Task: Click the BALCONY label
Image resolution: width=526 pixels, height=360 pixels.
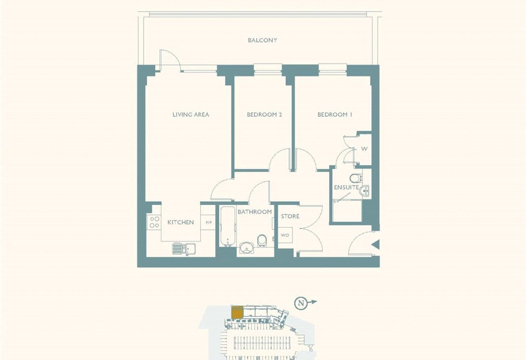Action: pyautogui.click(x=262, y=40)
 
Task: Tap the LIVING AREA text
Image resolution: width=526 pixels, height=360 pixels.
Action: pyautogui.click(x=191, y=114)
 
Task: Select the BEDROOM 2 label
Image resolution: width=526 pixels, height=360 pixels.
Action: pyautogui.click(x=264, y=114)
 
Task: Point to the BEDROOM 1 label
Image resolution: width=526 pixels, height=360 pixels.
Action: pyautogui.click(x=335, y=114)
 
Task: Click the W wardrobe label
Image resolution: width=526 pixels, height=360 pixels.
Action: pyautogui.click(x=364, y=149)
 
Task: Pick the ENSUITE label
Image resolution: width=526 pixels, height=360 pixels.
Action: pyautogui.click(x=346, y=187)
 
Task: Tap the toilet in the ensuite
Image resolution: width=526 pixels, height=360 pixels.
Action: pyautogui.click(x=356, y=178)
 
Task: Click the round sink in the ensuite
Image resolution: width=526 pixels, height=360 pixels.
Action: pyautogui.click(x=365, y=190)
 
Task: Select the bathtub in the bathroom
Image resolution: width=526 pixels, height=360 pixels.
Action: pyautogui.click(x=228, y=226)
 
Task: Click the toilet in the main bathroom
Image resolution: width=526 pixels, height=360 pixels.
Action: pyautogui.click(x=262, y=241)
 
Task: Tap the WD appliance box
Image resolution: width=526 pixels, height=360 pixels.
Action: pyautogui.click(x=285, y=235)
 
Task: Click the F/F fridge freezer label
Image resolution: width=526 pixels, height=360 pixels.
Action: pyautogui.click(x=209, y=222)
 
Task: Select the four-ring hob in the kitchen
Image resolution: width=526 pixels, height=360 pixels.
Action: pyautogui.click(x=154, y=222)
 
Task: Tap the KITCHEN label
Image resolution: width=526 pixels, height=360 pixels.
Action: pyautogui.click(x=180, y=222)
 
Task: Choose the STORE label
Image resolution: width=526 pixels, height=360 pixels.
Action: pyautogui.click(x=290, y=216)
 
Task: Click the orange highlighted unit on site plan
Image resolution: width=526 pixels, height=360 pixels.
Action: pyautogui.click(x=237, y=312)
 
